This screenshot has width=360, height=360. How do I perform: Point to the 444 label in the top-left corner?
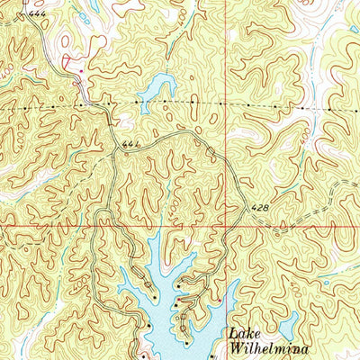click(x=36, y=15)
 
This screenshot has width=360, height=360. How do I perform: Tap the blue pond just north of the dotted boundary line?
click(x=155, y=88)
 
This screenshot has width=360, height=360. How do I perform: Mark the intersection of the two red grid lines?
click(x=225, y=225)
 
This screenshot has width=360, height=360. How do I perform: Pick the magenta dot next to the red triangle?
click(x=82, y=70)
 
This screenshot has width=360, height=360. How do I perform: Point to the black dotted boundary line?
click(x=270, y=106)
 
